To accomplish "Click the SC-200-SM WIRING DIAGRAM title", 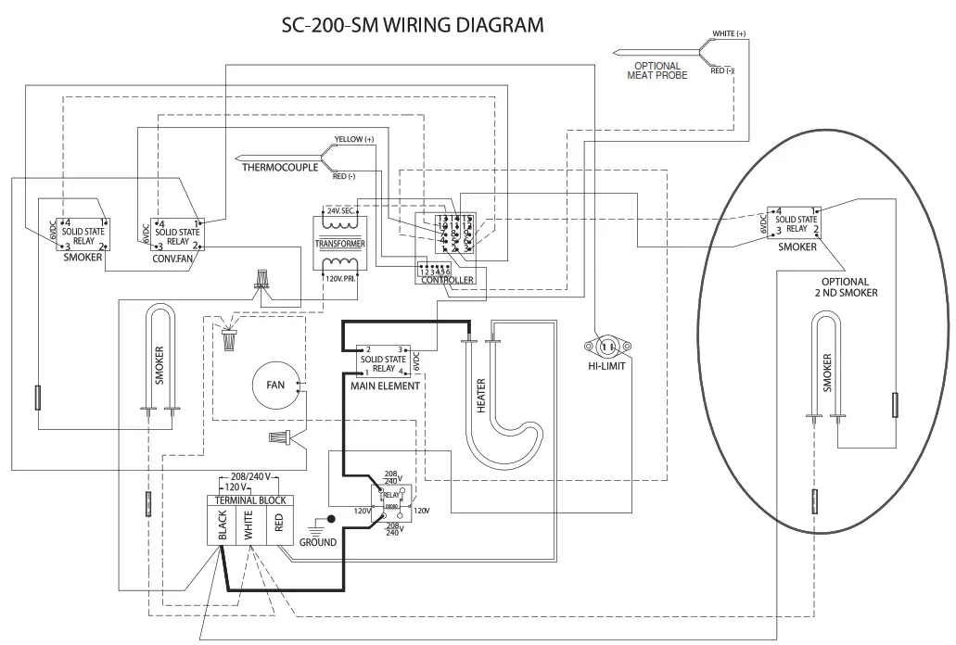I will (x=412, y=25).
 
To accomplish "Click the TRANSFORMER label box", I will (x=339, y=244).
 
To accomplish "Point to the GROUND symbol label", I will (x=318, y=540).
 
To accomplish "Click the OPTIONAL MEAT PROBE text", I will (x=656, y=70).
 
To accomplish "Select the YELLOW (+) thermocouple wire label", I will (x=354, y=140).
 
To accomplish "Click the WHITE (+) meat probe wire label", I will (x=729, y=33).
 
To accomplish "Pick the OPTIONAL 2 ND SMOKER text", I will (x=845, y=287).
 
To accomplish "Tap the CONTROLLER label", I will (x=447, y=280).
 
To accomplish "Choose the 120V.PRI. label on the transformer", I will (x=339, y=277).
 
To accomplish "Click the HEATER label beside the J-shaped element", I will (x=481, y=395).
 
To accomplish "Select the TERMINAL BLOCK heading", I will (x=249, y=500).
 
